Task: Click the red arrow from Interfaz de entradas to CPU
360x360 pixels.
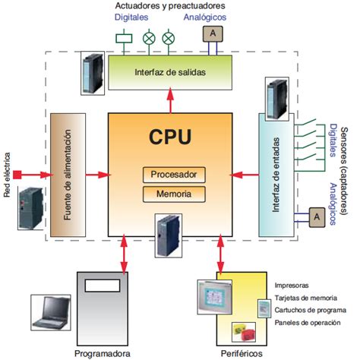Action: coord(244,174)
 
